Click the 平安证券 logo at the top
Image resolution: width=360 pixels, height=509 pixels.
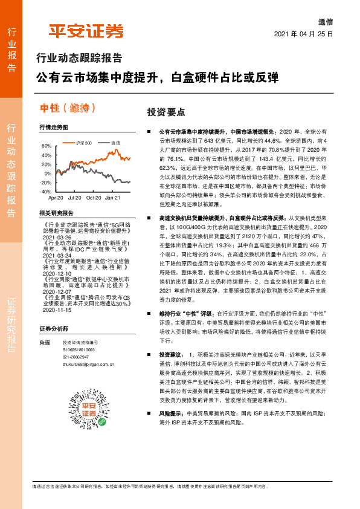pos(86,30)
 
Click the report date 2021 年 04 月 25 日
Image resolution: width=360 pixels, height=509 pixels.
pos(304,34)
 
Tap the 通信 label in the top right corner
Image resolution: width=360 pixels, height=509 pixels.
pos(325,21)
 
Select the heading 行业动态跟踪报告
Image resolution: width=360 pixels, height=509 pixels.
pos(80,59)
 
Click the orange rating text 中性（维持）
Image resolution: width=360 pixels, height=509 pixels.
pos(68,108)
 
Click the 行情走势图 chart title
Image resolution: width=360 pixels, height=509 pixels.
pos(54,128)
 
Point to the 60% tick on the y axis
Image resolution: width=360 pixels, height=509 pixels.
pos(47,146)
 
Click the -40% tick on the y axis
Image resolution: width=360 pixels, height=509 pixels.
pos(45,191)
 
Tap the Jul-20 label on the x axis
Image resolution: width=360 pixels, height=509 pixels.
pos(75,198)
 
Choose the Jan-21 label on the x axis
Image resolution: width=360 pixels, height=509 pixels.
pos(112,198)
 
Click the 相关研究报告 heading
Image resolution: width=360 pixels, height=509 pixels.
pos(56,213)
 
